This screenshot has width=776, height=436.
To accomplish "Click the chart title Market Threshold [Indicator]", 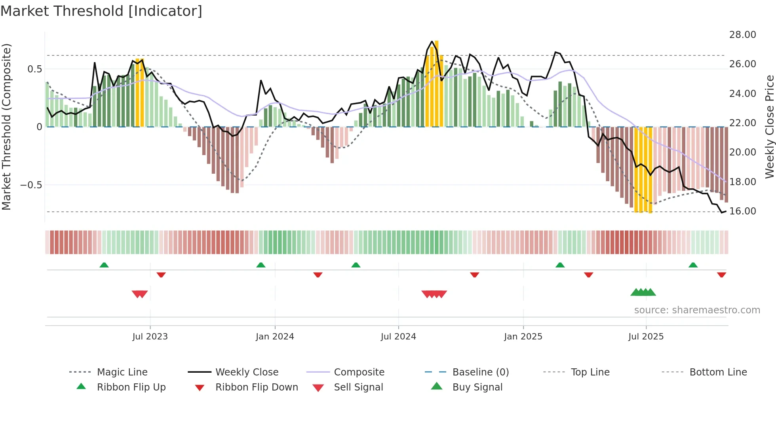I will tap(101, 11).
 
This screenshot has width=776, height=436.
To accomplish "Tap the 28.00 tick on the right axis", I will tap(742, 35).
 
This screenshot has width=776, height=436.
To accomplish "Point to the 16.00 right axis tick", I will tap(742, 211).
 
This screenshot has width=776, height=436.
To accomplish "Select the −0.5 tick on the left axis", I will tap(31, 185).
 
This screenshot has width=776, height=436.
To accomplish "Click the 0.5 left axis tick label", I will tap(34, 69).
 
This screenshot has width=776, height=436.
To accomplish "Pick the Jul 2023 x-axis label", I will tap(150, 337).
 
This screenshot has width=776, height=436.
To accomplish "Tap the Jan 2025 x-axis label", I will tap(523, 337).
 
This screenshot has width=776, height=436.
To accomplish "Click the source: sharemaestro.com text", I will tap(697, 310).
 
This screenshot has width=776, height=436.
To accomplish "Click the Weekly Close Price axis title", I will tap(769, 127).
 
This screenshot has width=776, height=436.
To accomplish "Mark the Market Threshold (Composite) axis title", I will tap(6, 127).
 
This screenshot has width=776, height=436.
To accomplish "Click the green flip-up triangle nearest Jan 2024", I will tap(261, 265).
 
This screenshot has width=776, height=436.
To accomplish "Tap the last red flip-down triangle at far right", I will tap(721, 275).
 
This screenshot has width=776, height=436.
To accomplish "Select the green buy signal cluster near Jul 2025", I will tap(643, 292).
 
